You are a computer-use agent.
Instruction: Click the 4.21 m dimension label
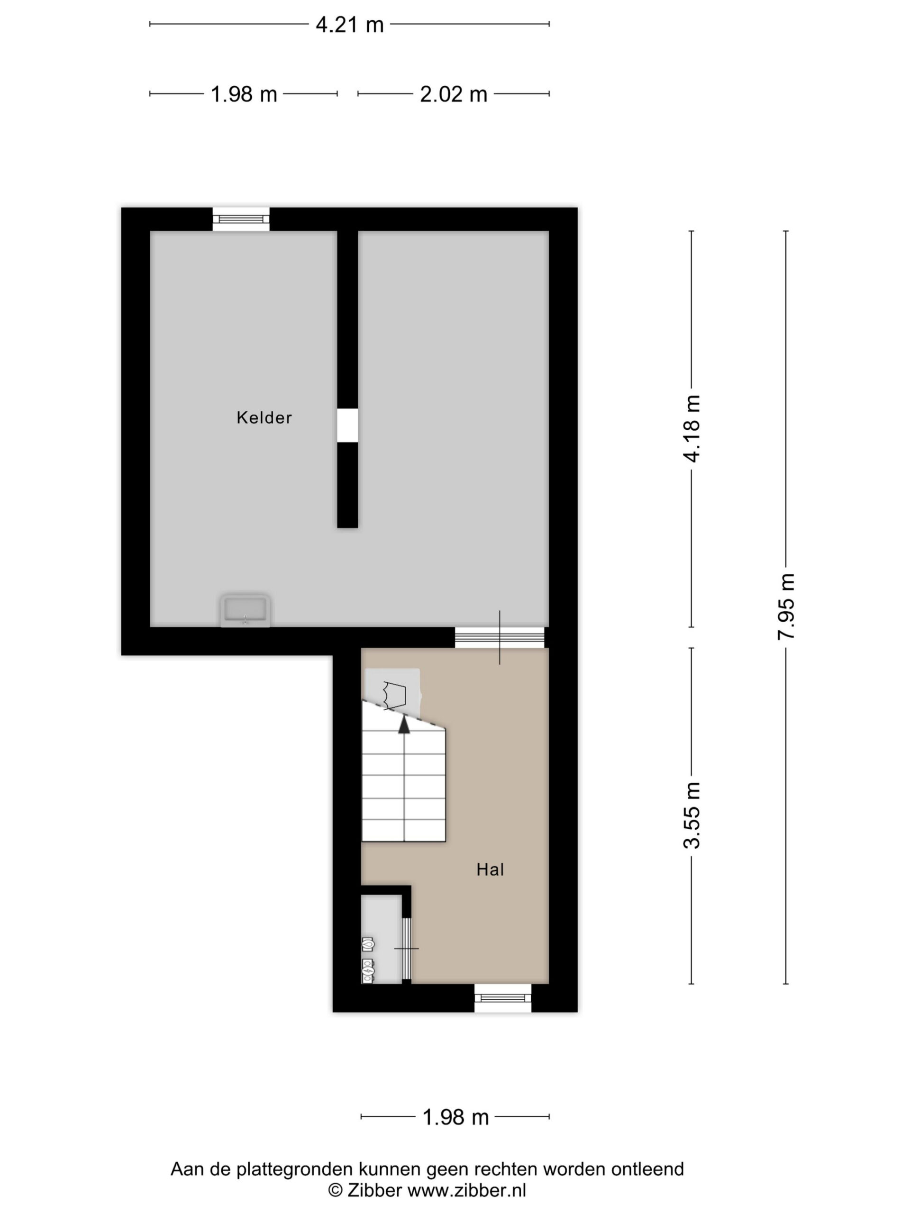tap(349, 25)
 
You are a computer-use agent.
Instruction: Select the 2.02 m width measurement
tap(454, 94)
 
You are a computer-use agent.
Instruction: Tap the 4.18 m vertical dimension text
tap(692, 428)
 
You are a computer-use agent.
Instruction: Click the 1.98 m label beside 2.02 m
tap(244, 94)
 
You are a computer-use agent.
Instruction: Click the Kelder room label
tap(264, 417)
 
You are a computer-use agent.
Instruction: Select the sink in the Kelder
tap(245, 610)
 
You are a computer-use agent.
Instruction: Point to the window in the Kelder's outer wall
tap(241, 219)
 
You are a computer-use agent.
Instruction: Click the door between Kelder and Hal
tap(500, 638)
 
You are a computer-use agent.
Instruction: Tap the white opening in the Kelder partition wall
tap(347, 425)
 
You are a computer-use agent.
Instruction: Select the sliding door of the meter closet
tap(407, 949)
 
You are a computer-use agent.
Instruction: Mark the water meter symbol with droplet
tap(368, 944)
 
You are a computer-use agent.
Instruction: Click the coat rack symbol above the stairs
tap(394, 694)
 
